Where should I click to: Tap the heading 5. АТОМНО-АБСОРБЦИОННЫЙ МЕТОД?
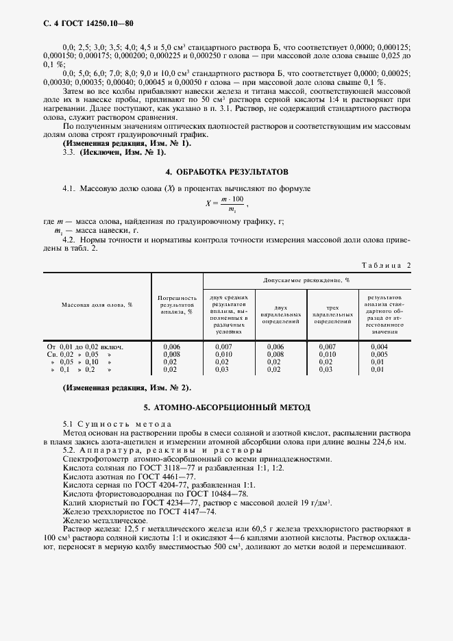pos(226,407)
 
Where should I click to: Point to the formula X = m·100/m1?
pos(226,203)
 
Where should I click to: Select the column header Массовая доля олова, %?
pos(97,305)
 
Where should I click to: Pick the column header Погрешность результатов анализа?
pos(177,305)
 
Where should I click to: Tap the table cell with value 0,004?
pos(379,347)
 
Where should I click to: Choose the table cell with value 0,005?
pos(379,355)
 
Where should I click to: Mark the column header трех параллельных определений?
pos(328,314)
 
